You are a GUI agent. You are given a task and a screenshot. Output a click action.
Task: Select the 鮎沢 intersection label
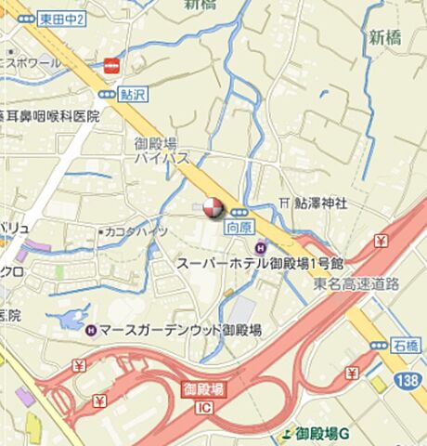[133, 94]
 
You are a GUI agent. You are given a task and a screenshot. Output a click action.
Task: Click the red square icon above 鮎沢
[112, 65]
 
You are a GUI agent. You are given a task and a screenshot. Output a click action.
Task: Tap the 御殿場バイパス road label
[155, 151]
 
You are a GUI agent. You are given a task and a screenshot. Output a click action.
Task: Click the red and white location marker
[213, 207]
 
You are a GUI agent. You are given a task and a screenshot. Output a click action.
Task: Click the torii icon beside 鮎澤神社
[284, 203]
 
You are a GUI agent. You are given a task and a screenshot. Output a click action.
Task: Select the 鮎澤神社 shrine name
[321, 203]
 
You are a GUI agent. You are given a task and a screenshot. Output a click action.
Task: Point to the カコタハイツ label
[137, 230]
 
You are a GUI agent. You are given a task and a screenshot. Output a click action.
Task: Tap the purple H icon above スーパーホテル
[261, 247]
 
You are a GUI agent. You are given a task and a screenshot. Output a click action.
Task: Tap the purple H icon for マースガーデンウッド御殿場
[90, 330]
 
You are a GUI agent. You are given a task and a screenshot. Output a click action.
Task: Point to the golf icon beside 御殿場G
[285, 434]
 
